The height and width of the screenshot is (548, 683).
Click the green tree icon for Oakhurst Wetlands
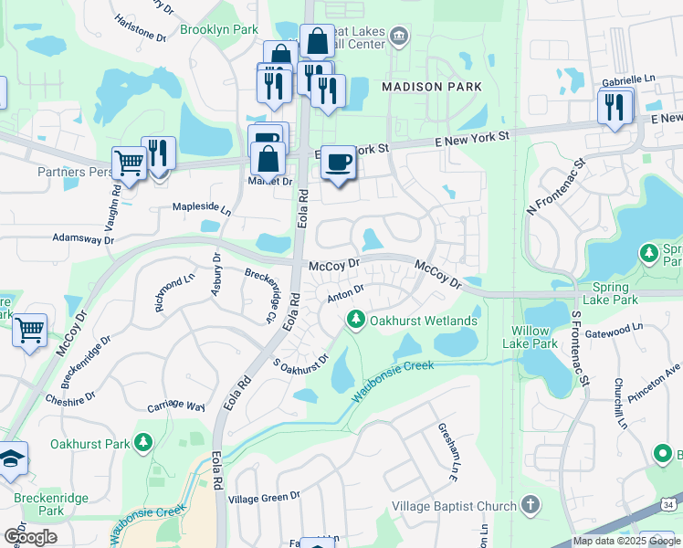coord(355,320)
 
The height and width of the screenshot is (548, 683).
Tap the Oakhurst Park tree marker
coord(142,444)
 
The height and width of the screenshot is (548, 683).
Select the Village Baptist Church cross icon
coord(531,505)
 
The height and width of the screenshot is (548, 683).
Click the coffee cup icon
coord(339,162)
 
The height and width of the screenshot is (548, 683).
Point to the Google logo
coord(31,536)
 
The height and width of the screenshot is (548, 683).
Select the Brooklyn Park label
coord(219,29)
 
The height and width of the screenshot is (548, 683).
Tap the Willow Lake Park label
coord(530,337)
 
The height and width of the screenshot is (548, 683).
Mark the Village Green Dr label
coord(264,498)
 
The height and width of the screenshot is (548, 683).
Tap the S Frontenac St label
coord(576,348)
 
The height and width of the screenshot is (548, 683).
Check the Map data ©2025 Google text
coord(625,541)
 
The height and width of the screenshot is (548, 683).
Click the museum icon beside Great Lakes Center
coord(398,37)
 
